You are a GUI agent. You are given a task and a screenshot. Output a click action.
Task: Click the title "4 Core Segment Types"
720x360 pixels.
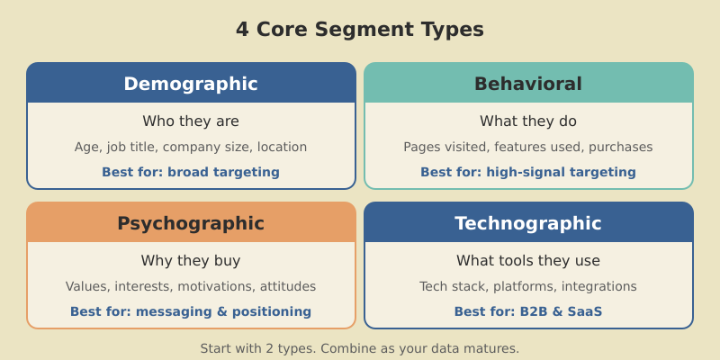pos(359,30)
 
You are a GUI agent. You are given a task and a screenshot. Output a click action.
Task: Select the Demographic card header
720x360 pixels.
pos(191,84)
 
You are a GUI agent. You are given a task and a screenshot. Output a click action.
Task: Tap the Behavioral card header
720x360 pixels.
pos(528,84)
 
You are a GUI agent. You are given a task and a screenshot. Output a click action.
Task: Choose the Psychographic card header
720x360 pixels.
pos(191,223)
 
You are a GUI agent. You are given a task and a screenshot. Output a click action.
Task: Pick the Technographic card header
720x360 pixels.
pos(528,223)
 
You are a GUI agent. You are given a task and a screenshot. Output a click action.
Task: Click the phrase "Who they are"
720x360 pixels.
pos(191,121)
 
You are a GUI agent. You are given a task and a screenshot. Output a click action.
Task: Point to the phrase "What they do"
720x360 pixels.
pos(528,121)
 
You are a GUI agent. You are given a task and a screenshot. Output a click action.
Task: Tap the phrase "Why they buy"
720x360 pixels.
pos(191,261)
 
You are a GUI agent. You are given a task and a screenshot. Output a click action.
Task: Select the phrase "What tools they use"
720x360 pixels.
pos(528,261)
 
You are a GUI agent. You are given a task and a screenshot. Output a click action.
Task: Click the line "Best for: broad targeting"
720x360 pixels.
pos(191,172)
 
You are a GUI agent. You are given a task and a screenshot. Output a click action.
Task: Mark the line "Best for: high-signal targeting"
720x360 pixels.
pos(528,172)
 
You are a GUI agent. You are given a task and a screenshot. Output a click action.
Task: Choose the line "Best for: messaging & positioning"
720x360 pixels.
pos(191,312)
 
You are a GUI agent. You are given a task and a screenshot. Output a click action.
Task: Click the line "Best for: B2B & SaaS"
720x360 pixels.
pos(528,312)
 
